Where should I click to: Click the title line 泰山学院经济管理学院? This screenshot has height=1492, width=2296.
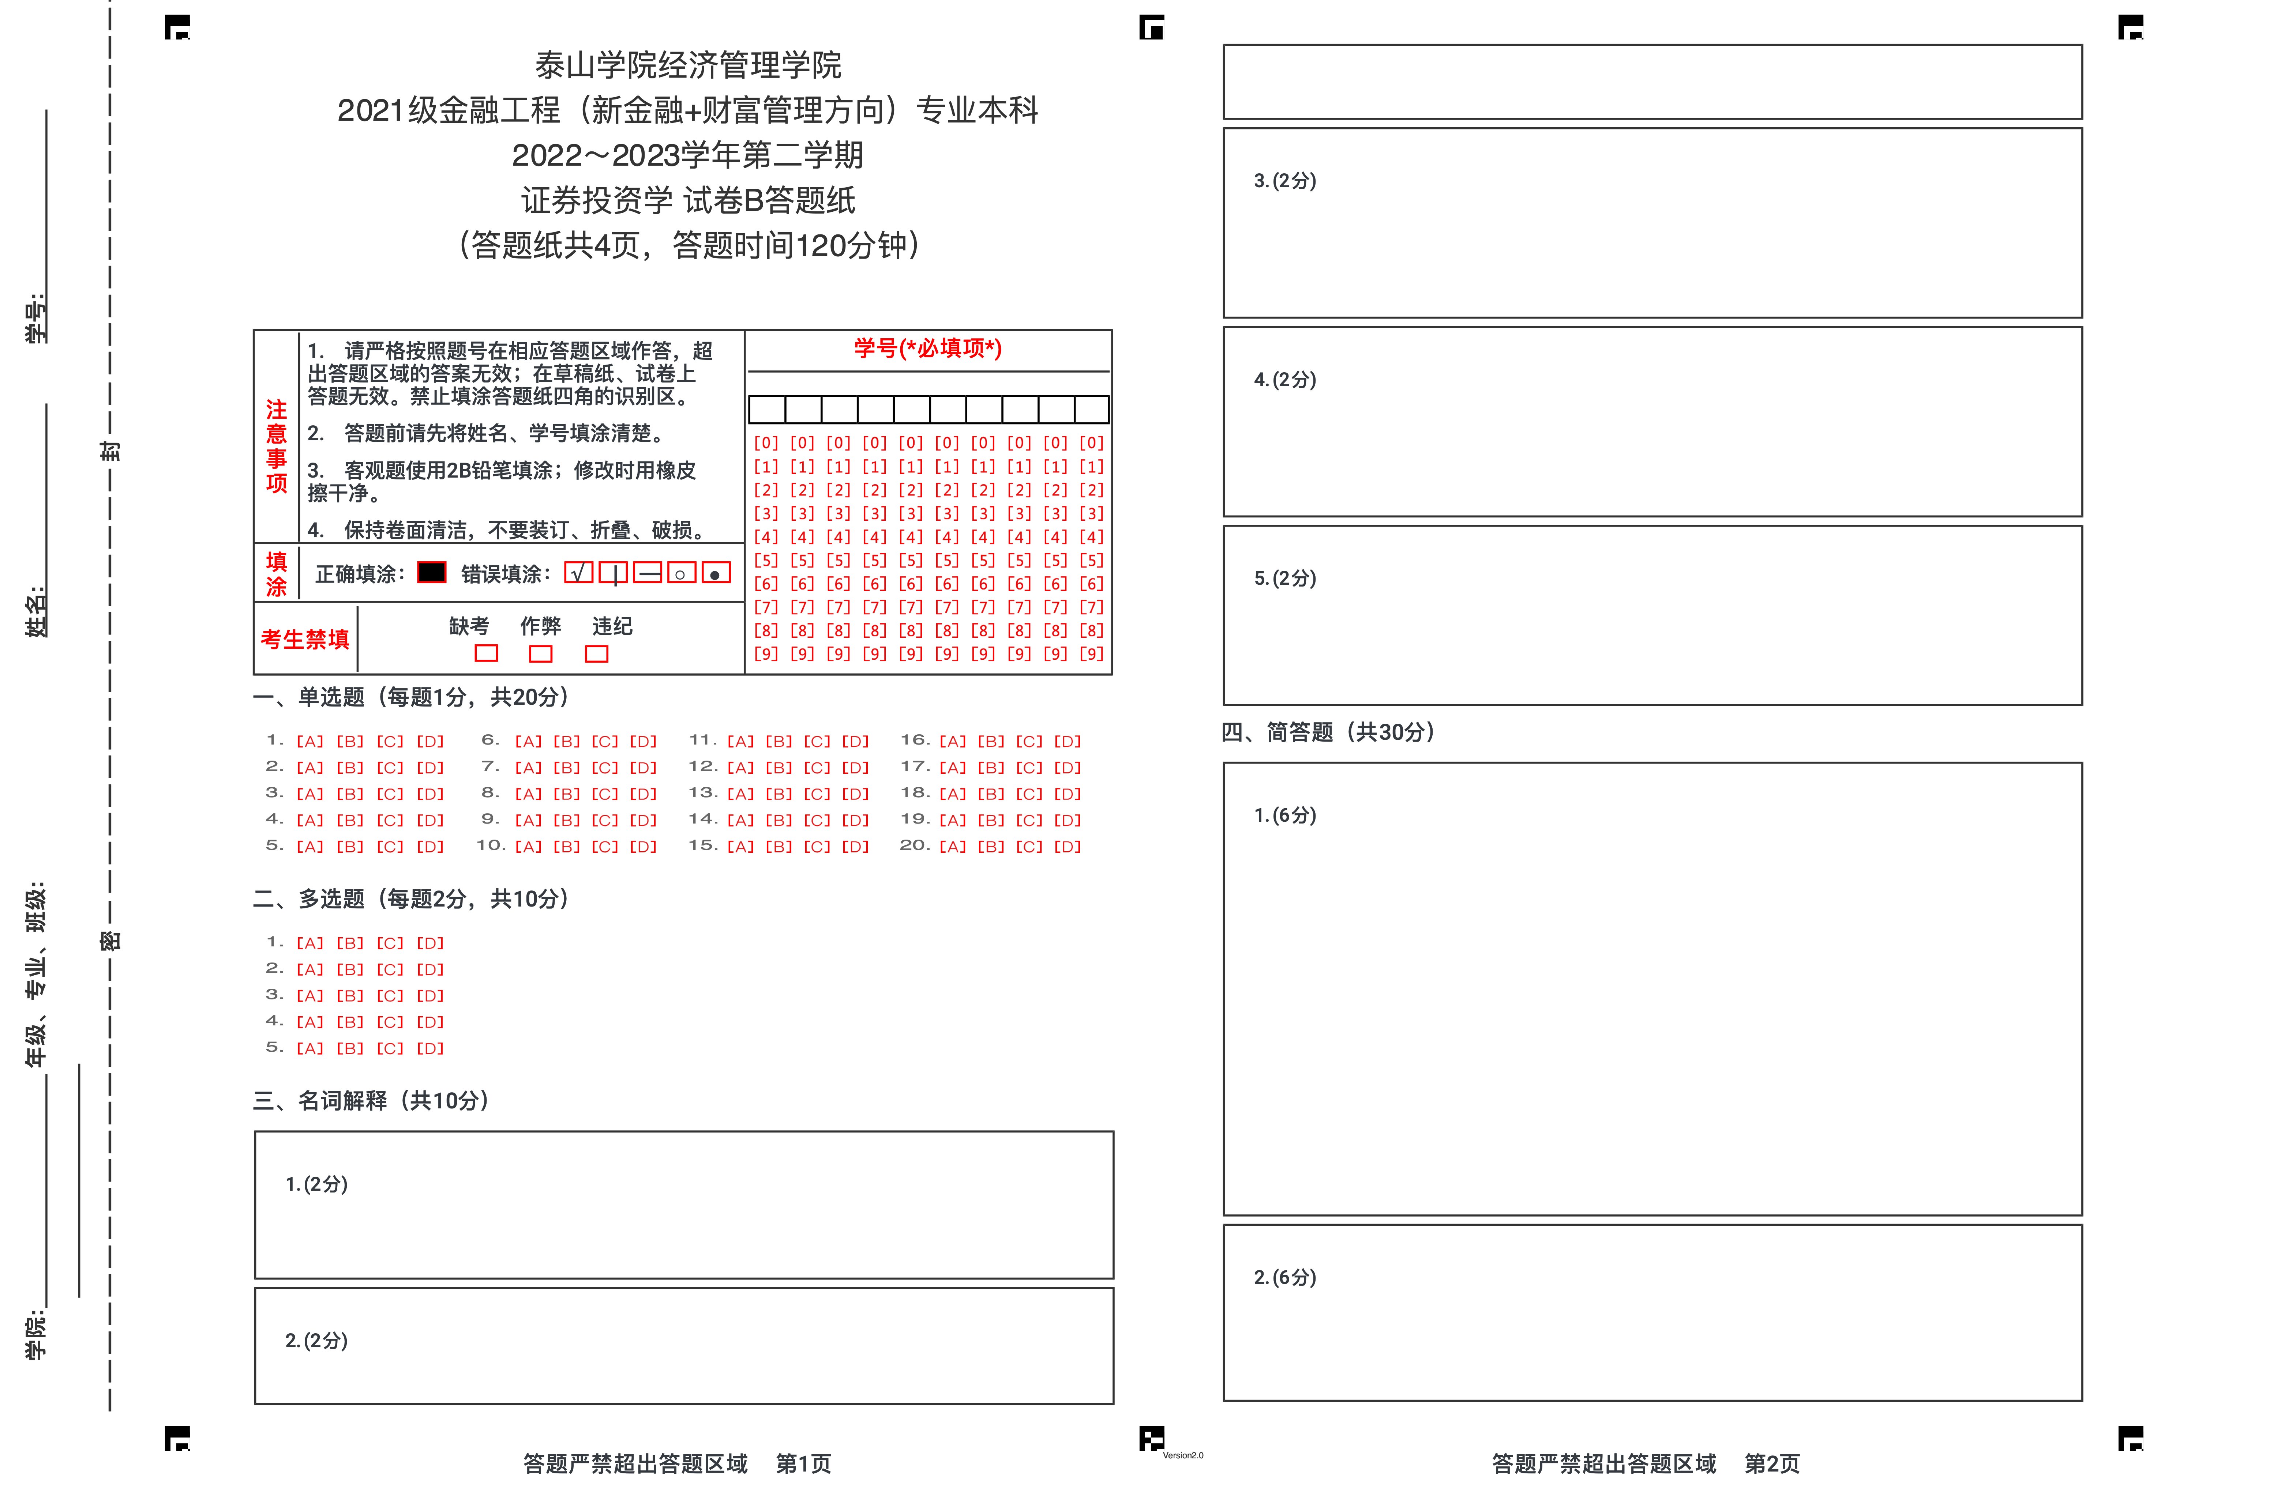[688, 65]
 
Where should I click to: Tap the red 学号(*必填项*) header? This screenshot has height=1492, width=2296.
[928, 348]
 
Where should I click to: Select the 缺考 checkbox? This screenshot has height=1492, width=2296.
[486, 654]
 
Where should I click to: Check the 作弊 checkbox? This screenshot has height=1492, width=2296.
[541, 654]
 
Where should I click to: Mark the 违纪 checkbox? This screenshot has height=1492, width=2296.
[597, 654]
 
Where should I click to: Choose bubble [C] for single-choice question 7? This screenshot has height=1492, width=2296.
[605, 768]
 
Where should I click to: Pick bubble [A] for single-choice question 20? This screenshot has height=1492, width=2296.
[952, 847]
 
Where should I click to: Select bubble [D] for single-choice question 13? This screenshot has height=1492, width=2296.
[855, 794]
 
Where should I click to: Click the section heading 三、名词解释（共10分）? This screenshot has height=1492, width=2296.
[371, 1100]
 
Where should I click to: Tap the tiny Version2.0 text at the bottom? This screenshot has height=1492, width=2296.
[1183, 1455]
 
